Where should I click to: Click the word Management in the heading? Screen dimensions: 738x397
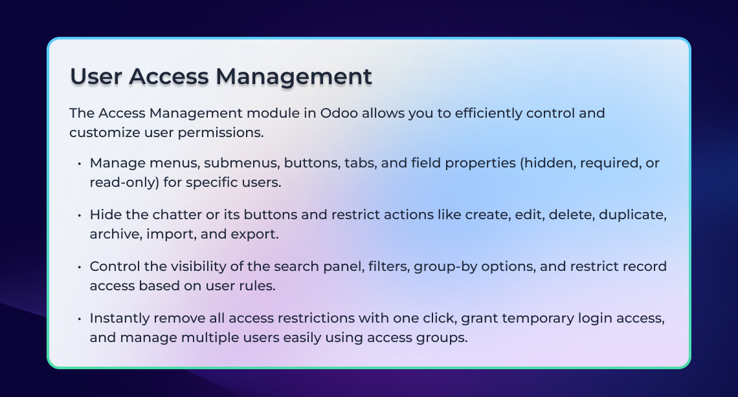click(294, 77)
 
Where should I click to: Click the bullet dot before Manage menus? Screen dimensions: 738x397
click(80, 164)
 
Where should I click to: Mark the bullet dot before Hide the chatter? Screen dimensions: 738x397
click(80, 215)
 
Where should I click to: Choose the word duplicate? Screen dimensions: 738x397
click(632, 215)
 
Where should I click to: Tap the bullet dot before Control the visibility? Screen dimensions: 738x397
click(80, 267)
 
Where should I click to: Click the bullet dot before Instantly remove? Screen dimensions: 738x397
click(80, 319)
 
